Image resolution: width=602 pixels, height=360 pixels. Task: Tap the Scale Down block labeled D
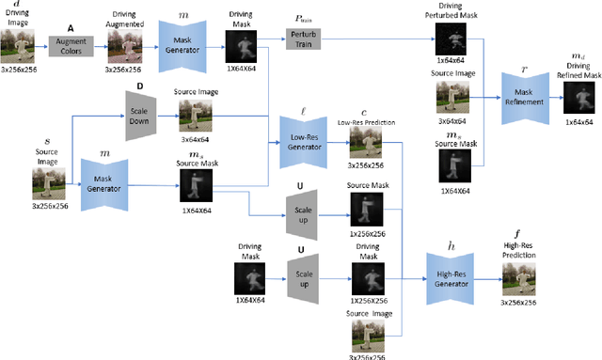coord(141,114)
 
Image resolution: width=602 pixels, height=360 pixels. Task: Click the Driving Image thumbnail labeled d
coord(19,42)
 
